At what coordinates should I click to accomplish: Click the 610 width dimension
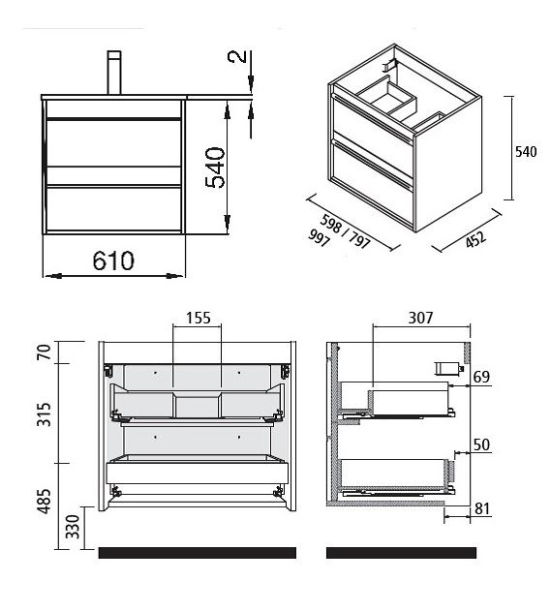pyautogui.click(x=113, y=260)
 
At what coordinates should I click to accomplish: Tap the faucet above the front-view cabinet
pyautogui.click(x=114, y=73)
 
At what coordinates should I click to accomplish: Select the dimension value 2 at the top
pyautogui.click(x=237, y=57)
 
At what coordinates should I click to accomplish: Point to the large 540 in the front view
pyautogui.click(x=215, y=168)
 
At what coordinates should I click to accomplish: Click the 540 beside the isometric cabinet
pyautogui.click(x=526, y=151)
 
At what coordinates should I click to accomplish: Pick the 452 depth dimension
pyautogui.click(x=476, y=239)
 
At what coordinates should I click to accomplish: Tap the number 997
pyautogui.click(x=320, y=238)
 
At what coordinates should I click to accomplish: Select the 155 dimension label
pyautogui.click(x=198, y=318)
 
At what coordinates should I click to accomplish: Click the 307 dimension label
pyautogui.click(x=420, y=318)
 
